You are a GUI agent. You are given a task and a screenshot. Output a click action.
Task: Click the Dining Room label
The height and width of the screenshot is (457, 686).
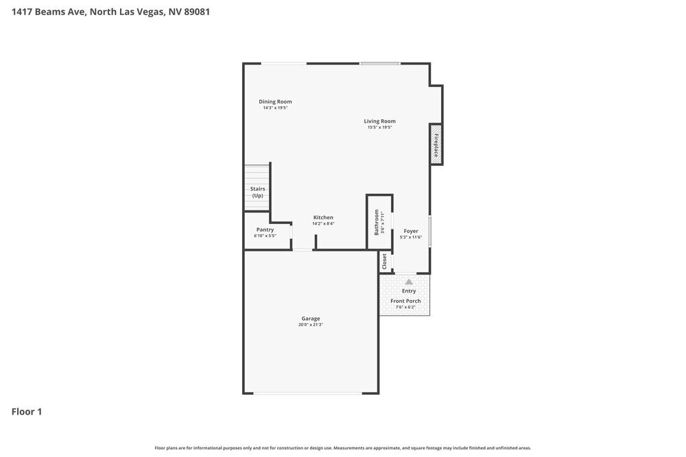[x=275, y=101]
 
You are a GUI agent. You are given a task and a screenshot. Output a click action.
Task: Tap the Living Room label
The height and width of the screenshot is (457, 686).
[x=379, y=121]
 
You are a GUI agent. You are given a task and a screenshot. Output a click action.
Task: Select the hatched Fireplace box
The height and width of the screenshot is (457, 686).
[x=436, y=144]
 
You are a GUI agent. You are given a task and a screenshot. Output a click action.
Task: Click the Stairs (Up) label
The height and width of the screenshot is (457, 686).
[x=257, y=192]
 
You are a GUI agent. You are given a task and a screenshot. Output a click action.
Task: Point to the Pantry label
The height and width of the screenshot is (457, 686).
[x=265, y=230]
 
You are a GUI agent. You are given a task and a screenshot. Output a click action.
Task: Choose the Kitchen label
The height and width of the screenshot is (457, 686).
[x=323, y=217]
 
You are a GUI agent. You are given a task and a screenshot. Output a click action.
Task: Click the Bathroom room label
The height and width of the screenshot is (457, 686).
[x=376, y=223]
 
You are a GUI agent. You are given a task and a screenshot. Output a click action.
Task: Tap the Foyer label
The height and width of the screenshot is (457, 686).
[x=411, y=231]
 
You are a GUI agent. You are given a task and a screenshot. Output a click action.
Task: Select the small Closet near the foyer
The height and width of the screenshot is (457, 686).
[x=384, y=261]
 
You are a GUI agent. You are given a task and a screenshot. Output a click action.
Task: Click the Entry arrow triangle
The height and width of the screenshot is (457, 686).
[x=409, y=282]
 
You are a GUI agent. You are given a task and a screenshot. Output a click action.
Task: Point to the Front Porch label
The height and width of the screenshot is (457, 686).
[x=405, y=301]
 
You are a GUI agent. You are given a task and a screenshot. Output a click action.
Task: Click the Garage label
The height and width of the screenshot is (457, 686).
[x=311, y=318]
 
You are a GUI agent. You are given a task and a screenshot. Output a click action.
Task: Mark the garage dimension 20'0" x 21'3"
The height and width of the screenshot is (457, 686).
[x=311, y=325]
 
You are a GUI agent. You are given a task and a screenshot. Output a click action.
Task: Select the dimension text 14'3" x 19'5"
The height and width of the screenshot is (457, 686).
[x=275, y=108]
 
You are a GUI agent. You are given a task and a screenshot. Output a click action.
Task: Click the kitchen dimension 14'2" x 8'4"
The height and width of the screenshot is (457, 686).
[x=323, y=223]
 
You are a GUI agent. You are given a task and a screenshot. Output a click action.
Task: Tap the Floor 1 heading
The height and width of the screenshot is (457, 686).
[x=27, y=412]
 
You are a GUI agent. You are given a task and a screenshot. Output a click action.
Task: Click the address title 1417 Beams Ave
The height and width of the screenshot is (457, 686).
[x=110, y=12]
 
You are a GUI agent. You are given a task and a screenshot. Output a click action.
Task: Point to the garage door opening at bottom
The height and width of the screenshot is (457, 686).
[x=307, y=393]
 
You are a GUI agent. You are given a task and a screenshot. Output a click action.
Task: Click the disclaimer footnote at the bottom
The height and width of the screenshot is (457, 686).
[x=343, y=447]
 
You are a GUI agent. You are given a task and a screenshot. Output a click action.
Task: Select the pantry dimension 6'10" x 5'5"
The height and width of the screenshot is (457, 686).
[x=265, y=236]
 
